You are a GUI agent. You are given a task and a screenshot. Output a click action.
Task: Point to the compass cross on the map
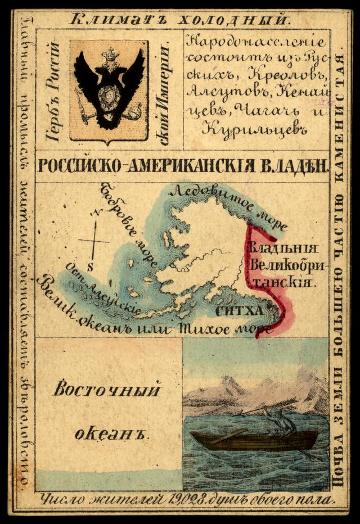click(94, 241)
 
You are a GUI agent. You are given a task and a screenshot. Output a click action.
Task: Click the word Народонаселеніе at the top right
click(255, 42)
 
